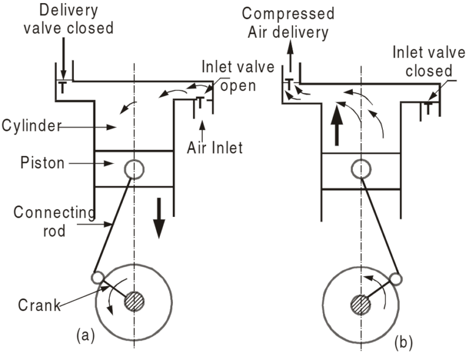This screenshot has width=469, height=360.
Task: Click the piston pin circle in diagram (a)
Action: (x=134, y=169)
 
